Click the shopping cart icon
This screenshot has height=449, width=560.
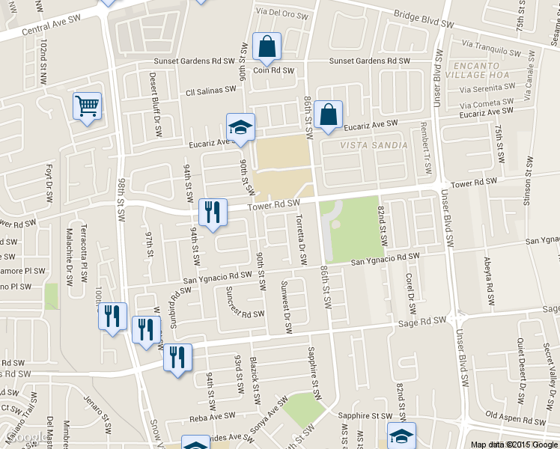click(x=88, y=106)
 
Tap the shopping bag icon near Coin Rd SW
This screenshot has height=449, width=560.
click(x=267, y=46)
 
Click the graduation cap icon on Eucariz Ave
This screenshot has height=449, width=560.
click(x=241, y=127)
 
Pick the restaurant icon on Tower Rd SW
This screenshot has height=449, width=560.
click(x=213, y=212)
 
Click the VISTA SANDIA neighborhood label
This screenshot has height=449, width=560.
click(x=374, y=145)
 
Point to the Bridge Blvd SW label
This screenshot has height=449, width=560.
click(x=424, y=19)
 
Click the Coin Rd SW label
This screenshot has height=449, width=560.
click(x=271, y=71)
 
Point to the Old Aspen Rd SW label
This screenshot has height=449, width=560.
click(x=513, y=414)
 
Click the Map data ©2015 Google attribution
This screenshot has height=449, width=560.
click(x=514, y=445)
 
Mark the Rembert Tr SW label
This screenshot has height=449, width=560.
click(x=427, y=147)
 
